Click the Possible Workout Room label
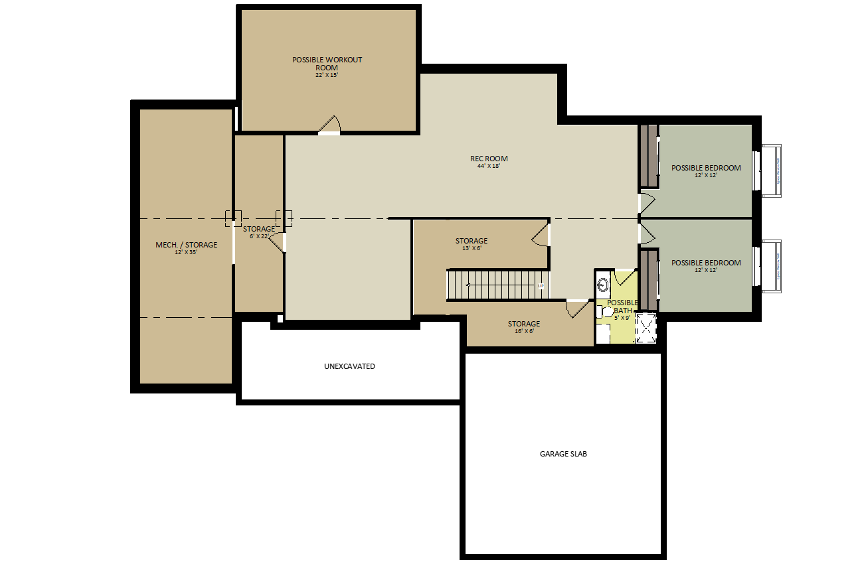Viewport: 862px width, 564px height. click(x=327, y=63)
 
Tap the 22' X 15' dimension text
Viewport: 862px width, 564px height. click(x=327, y=76)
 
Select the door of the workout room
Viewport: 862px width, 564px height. click(x=330, y=124)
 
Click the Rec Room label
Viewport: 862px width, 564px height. click(x=489, y=159)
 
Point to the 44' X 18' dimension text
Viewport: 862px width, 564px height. click(x=488, y=167)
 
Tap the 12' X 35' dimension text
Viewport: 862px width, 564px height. click(x=186, y=253)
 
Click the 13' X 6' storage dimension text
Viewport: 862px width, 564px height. click(x=471, y=249)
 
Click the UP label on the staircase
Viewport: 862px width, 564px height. click(x=541, y=286)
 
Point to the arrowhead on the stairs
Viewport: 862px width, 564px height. click(x=468, y=285)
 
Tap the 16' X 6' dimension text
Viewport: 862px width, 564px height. click(x=524, y=331)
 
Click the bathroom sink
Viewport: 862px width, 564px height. click(x=603, y=285)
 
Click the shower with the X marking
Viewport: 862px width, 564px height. click(x=646, y=328)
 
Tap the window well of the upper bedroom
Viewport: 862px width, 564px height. click(x=771, y=171)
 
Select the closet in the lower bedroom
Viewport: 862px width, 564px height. click(x=649, y=280)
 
